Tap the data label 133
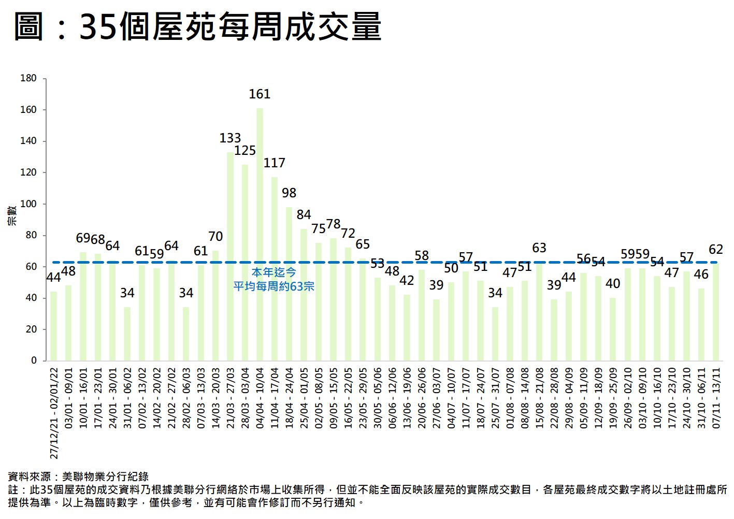coord(230,138)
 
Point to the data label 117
coord(274,163)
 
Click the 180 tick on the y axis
coord(28,78)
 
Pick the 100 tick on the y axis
coord(28,204)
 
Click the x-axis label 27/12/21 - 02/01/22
coord(54,413)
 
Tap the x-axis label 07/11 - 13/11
coord(716,398)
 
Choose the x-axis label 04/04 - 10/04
coord(260,398)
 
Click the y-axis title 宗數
coord(11,215)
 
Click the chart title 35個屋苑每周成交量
coord(230,27)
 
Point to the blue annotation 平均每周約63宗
coord(274,286)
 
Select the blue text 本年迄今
coord(274,272)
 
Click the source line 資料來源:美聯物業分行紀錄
coord(78,477)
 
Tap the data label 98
coord(289,193)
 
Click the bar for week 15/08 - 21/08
coord(539,311)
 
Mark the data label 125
coord(245,151)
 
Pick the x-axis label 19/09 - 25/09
coord(613,398)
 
